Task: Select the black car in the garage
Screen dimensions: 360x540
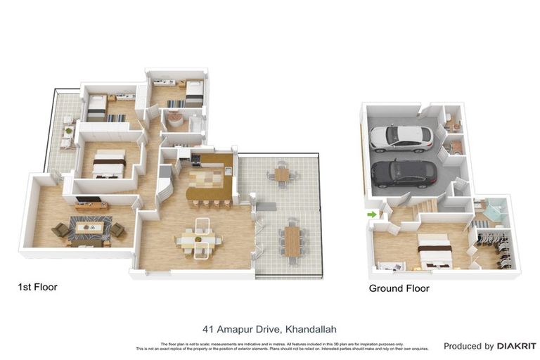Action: coord(404,173)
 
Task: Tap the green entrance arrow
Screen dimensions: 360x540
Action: coord(370,214)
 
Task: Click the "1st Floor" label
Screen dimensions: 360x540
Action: coord(37,287)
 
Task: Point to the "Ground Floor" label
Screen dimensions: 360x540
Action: coord(399,288)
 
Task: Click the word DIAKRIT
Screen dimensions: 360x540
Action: coord(516,346)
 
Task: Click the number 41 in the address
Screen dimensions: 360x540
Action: coord(208,328)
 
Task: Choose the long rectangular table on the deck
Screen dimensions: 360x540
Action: coord(292,241)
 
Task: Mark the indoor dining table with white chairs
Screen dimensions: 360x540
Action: coord(199,241)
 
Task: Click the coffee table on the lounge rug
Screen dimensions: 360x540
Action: coord(89,228)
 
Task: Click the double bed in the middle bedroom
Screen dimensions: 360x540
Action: coord(109,164)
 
